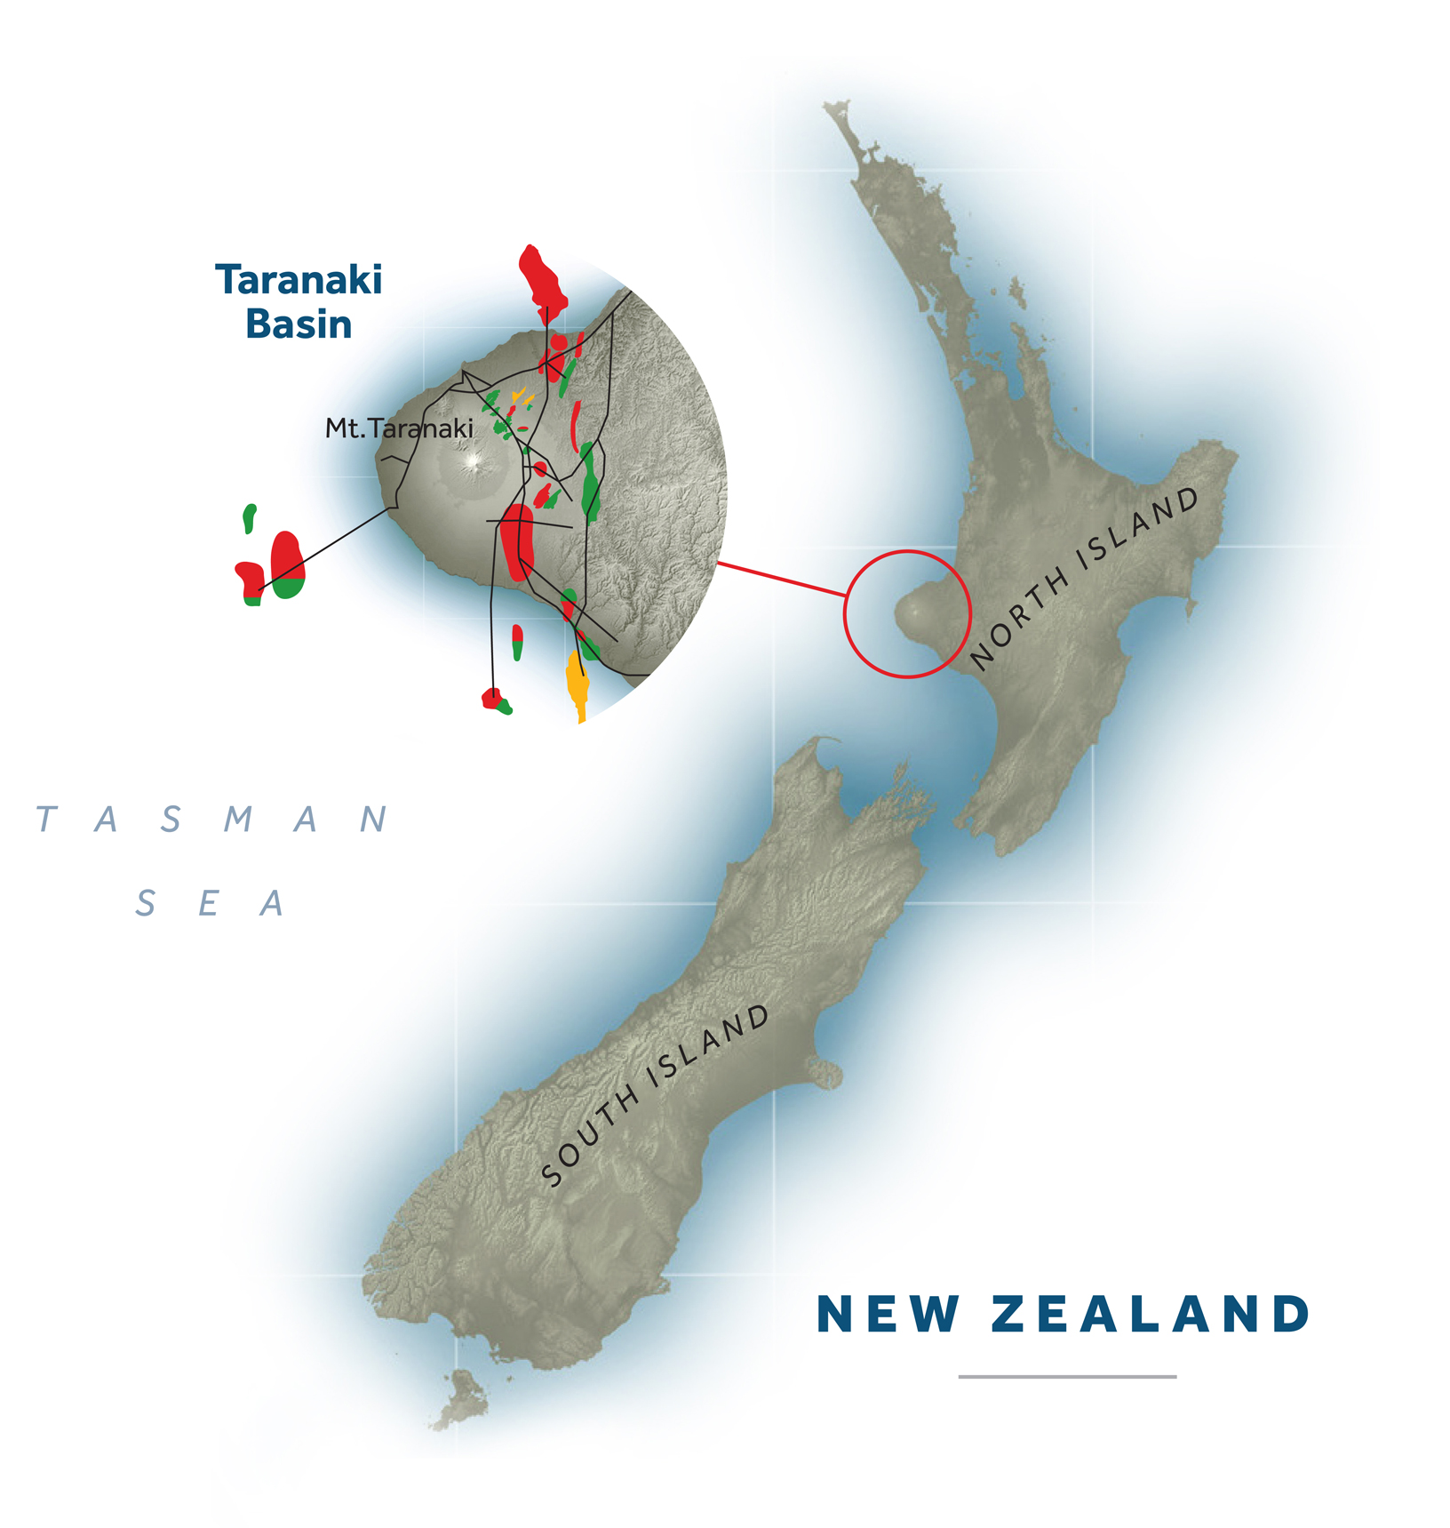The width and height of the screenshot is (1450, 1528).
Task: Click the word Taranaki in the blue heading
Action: tap(299, 281)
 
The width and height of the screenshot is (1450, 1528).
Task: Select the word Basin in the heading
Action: tap(299, 324)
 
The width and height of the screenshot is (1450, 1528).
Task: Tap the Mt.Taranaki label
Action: tap(399, 428)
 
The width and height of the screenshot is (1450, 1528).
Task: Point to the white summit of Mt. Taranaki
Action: tap(472, 461)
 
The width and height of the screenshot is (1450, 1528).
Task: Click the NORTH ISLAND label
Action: tap(1085, 579)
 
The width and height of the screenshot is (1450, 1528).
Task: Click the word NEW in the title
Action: tap(888, 1315)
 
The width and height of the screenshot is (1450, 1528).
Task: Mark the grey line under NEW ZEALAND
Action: tap(1067, 1377)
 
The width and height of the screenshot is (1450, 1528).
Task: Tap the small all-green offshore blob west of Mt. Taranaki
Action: tap(250, 517)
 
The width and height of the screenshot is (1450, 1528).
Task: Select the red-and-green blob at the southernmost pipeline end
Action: tap(494, 700)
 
